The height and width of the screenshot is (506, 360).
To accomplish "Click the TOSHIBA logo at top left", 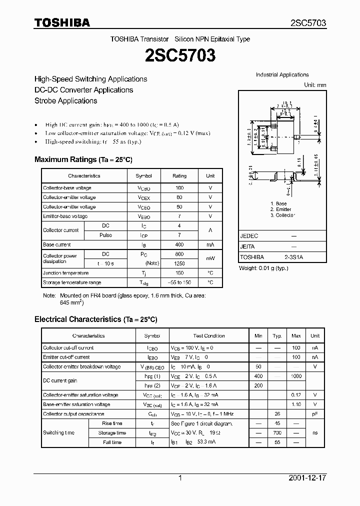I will coord(62,22).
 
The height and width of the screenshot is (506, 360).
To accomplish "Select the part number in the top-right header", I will coord(308,23).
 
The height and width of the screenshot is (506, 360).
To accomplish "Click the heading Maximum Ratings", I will coord(83,159).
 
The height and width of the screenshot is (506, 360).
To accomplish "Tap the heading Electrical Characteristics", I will coord(95,319).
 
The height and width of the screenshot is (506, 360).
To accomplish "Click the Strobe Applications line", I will coord(65,100).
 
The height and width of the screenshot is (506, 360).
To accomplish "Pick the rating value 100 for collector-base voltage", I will coord(179,188).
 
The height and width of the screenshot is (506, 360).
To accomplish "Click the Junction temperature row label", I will coord(65,273).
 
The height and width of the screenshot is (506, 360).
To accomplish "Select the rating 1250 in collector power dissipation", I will coord(179,263).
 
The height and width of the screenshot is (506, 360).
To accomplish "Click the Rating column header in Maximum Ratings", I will coord(179,176).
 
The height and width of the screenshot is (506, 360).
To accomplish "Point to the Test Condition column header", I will coord(209,336).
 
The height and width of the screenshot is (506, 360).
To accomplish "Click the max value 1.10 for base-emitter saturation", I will coord(296,404).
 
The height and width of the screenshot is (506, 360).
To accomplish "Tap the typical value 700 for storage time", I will coord(277,433).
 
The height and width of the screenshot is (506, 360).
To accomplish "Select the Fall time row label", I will coord(112,442).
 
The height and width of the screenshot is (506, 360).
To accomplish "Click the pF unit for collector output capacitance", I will coord(315,414).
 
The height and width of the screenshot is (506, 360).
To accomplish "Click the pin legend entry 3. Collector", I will coord(283,215).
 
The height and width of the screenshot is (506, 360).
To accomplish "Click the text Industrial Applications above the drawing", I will coord(282,75).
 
